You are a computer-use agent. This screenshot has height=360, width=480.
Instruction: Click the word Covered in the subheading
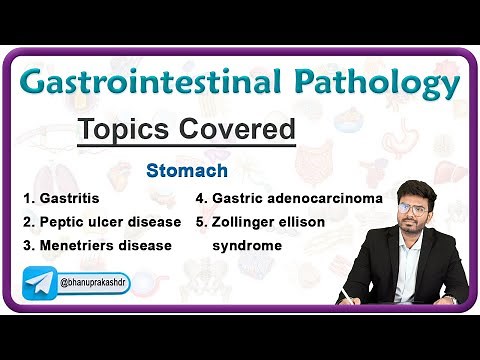tap(239, 129)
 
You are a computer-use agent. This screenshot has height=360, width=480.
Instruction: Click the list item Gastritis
tap(71, 198)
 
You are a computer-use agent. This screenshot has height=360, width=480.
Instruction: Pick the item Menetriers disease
tap(105, 245)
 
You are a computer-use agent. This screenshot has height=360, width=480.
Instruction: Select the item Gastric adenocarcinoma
tap(297, 198)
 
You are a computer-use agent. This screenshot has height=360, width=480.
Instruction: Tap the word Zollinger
tap(250, 221)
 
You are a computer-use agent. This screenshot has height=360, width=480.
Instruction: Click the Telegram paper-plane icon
tap(40, 284)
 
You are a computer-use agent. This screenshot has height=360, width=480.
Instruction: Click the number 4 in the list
tap(200, 198)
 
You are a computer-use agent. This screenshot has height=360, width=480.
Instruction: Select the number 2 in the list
tap(27, 221)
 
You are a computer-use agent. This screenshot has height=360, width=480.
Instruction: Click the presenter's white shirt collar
tap(409, 240)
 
